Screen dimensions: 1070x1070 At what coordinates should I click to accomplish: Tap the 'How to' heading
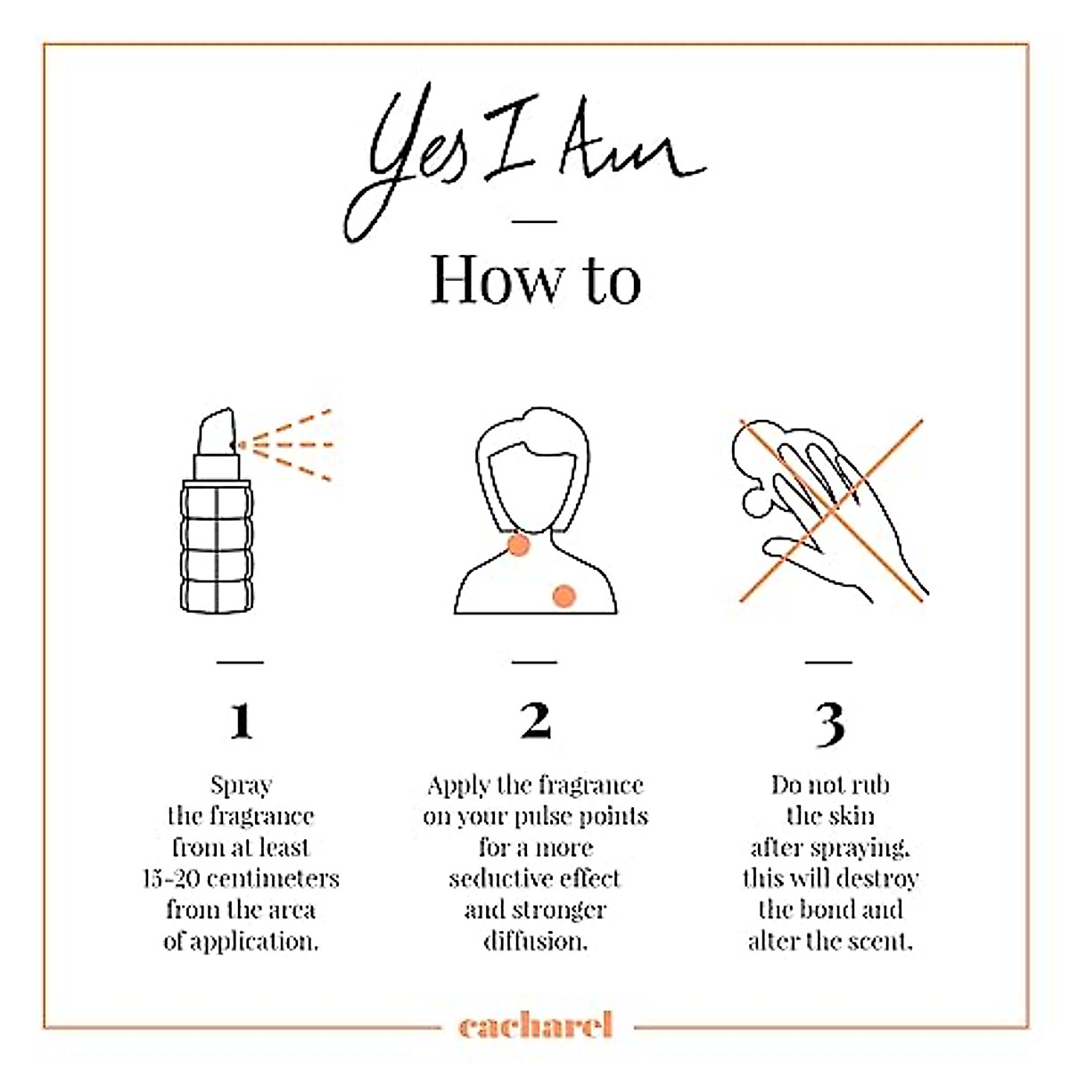click(535, 280)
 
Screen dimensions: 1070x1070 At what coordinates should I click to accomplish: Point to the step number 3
click(830, 724)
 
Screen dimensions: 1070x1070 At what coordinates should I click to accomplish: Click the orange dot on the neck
click(519, 546)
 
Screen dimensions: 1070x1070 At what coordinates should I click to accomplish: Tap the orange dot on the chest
click(564, 596)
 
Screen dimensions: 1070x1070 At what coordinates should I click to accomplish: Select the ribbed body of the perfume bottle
click(217, 547)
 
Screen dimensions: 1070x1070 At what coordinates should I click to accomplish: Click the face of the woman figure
click(531, 482)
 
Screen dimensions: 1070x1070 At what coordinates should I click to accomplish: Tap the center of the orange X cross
click(831, 510)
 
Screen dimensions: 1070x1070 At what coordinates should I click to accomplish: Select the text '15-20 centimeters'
click(241, 879)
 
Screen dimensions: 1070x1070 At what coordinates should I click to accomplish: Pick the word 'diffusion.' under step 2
click(535, 942)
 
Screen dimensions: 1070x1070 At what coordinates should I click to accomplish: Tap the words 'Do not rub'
click(830, 786)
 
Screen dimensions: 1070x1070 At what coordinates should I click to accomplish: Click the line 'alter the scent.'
click(830, 942)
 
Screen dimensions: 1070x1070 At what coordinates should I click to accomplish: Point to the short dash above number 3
click(828, 662)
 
